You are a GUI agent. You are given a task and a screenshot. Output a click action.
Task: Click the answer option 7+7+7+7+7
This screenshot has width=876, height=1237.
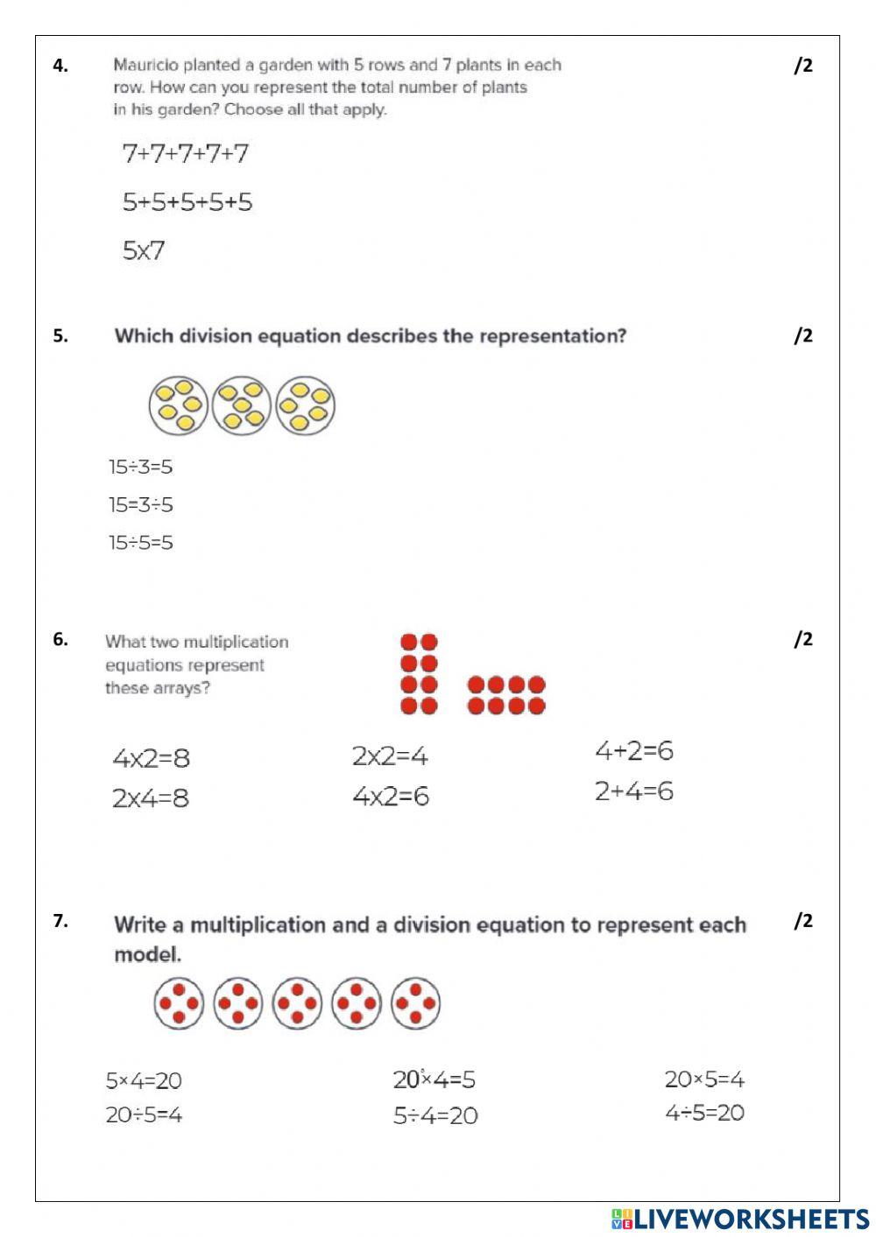186,154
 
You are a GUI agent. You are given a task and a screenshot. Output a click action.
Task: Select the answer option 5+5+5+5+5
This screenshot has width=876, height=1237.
187,202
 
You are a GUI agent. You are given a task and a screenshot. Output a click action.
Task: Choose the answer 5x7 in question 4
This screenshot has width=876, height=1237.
144,251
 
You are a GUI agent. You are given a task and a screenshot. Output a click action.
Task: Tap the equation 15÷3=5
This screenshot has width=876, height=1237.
140,467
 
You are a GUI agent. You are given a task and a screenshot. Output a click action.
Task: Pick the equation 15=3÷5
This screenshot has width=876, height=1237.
140,504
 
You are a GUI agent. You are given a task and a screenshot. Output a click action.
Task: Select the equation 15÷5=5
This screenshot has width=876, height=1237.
140,543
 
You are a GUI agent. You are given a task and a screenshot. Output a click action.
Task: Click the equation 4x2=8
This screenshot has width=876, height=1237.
151,758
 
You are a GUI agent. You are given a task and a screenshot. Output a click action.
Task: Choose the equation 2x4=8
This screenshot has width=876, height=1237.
151,798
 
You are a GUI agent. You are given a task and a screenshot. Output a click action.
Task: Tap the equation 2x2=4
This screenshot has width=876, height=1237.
390,756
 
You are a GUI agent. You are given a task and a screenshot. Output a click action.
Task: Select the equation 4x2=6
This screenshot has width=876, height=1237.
391,797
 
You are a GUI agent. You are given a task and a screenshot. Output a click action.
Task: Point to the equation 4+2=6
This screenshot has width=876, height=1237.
633,751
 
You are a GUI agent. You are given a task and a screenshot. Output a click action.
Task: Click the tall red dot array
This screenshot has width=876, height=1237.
419,674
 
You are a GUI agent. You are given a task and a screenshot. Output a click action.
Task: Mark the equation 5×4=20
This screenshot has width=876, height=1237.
144,1080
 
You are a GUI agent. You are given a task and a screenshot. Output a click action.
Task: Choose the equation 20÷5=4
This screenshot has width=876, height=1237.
144,1115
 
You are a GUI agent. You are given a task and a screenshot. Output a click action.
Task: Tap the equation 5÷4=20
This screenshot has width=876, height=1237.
435,1116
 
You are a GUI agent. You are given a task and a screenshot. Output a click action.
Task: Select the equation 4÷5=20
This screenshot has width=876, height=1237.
704,1113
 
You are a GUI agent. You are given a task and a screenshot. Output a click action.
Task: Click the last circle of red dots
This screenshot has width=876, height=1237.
415,1003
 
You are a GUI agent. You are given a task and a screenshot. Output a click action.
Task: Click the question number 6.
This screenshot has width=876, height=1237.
60,639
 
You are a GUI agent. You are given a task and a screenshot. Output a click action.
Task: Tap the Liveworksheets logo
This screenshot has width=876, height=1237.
740,1219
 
